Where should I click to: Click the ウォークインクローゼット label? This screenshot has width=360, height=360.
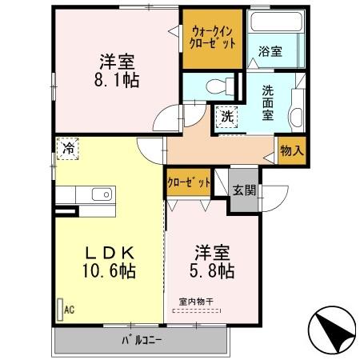click(x=213, y=36)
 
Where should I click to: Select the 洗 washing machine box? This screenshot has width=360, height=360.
click(x=227, y=116)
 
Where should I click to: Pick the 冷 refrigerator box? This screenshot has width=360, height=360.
click(x=70, y=148)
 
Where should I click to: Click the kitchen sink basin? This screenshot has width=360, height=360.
click(x=102, y=195)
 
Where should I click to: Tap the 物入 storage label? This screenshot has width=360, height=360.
click(x=291, y=149)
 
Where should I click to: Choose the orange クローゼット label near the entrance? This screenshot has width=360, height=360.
click(x=189, y=182)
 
